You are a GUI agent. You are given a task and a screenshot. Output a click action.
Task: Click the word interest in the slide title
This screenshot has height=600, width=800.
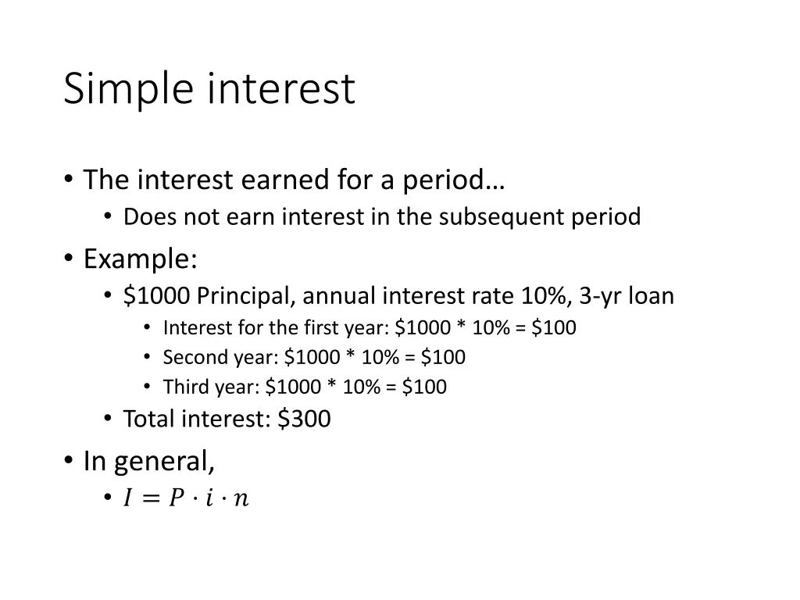pyautogui.click(x=281, y=88)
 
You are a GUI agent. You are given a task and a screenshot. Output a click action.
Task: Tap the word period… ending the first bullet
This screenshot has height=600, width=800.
pyautogui.click(x=454, y=180)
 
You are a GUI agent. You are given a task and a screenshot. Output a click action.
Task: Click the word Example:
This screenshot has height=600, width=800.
pyautogui.click(x=141, y=257)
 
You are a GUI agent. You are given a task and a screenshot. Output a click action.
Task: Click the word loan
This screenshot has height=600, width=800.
pyautogui.click(x=652, y=296)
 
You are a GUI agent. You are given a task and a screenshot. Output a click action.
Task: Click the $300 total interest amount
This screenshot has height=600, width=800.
pyautogui.click(x=304, y=420)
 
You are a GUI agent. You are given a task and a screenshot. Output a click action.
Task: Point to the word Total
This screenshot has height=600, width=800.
pyautogui.click(x=149, y=420)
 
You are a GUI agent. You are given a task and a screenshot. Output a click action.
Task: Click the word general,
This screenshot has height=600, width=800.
pyautogui.click(x=164, y=462)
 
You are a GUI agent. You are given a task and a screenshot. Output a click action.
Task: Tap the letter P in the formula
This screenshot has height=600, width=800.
pyautogui.click(x=176, y=498)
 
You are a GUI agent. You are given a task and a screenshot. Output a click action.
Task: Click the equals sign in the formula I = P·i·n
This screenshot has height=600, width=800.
pyautogui.click(x=151, y=498)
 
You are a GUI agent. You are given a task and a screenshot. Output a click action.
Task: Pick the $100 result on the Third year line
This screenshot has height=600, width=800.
pyautogui.click(x=425, y=387)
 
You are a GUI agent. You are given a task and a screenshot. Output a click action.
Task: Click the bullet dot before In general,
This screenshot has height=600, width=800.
pyautogui.click(x=70, y=461)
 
